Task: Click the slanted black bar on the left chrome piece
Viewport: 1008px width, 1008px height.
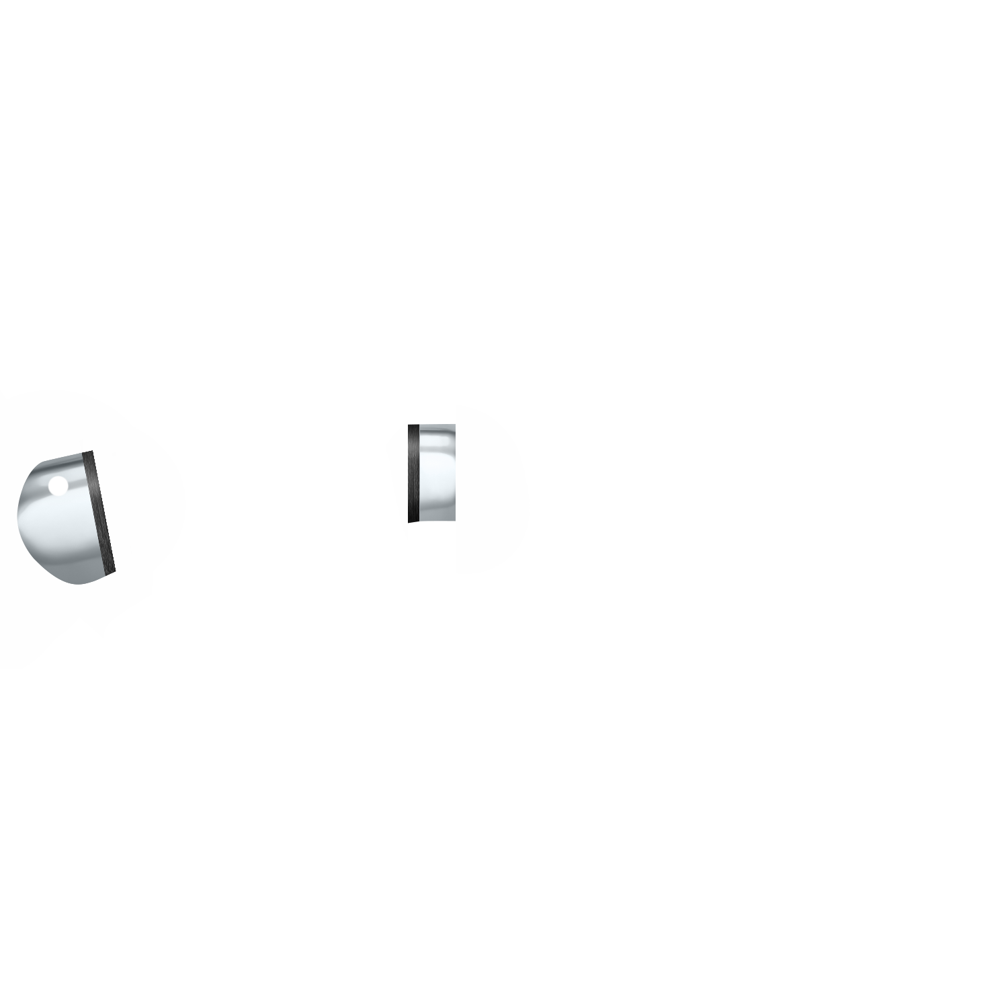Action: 99,514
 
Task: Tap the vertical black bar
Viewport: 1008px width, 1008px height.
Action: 413,485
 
